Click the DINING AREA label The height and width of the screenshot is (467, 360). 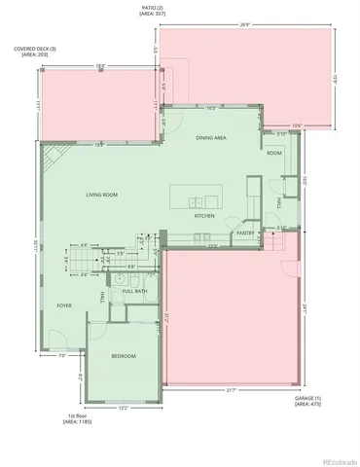[x=211, y=138]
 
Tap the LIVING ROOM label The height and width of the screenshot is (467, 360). [x=101, y=195]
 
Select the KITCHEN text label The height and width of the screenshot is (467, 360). [x=204, y=215]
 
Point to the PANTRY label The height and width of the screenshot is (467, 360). [x=244, y=233]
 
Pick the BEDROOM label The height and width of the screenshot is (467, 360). [x=123, y=356]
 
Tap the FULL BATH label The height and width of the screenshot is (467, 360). [x=134, y=291]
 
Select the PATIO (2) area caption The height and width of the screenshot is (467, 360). [x=154, y=13]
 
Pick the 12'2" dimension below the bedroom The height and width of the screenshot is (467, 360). [x=123, y=407]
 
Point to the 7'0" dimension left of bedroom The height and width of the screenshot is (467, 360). [x=62, y=355]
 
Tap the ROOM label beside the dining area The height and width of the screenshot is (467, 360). [x=274, y=153]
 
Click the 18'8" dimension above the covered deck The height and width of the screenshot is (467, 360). [x=100, y=66]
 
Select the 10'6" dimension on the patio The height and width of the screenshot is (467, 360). [x=298, y=125]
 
